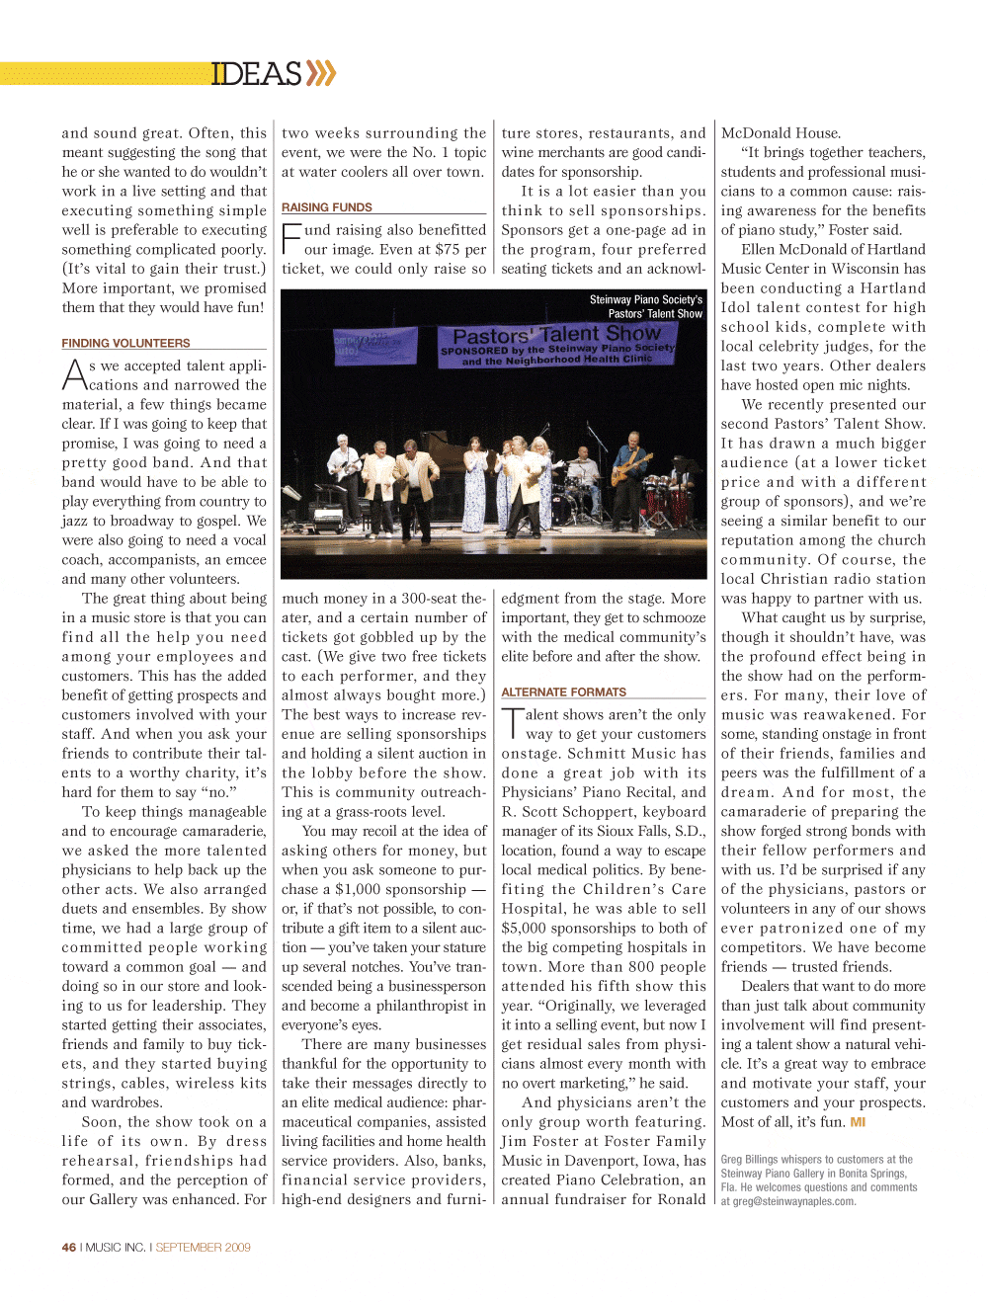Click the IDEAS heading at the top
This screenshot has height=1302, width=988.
coord(256,74)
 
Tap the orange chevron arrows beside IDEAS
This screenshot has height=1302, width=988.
coord(321,73)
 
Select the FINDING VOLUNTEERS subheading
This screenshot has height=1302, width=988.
coord(125,343)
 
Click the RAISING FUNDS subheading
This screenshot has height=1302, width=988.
coord(327,207)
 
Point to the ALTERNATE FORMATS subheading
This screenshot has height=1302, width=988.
coord(563,692)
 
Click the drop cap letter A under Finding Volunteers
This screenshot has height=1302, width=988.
coord(74,375)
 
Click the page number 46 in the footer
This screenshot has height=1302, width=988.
coord(69,1247)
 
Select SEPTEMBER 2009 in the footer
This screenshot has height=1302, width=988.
coord(203,1247)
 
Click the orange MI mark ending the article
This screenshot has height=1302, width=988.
coord(858,1122)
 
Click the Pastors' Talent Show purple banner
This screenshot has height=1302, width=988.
coord(557,345)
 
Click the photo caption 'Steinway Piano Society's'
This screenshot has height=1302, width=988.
coord(645,299)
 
